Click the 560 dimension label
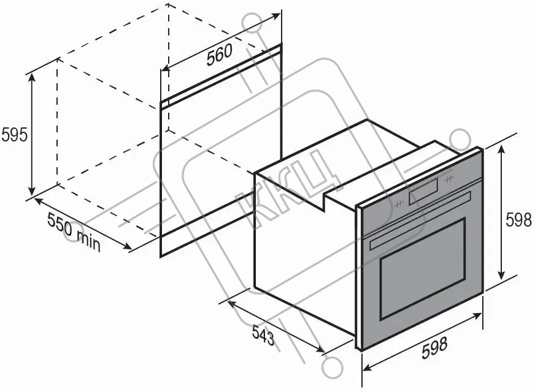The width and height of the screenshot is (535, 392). click(220, 55)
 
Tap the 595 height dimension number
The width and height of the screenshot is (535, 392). click(14, 135)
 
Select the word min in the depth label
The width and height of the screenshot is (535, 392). click(88, 241)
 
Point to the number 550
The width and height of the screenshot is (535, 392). click(60, 224)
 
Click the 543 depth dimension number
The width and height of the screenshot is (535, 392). click(263, 336)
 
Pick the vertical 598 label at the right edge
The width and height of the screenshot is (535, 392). click(518, 220)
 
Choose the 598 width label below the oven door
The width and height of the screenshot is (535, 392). click(434, 347)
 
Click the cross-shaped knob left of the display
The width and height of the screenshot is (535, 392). click(399, 204)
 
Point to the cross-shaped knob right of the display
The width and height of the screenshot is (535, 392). click(448, 178)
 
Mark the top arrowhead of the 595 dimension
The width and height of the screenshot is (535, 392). click(32, 77)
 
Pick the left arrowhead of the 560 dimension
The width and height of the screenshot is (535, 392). click(166, 68)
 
